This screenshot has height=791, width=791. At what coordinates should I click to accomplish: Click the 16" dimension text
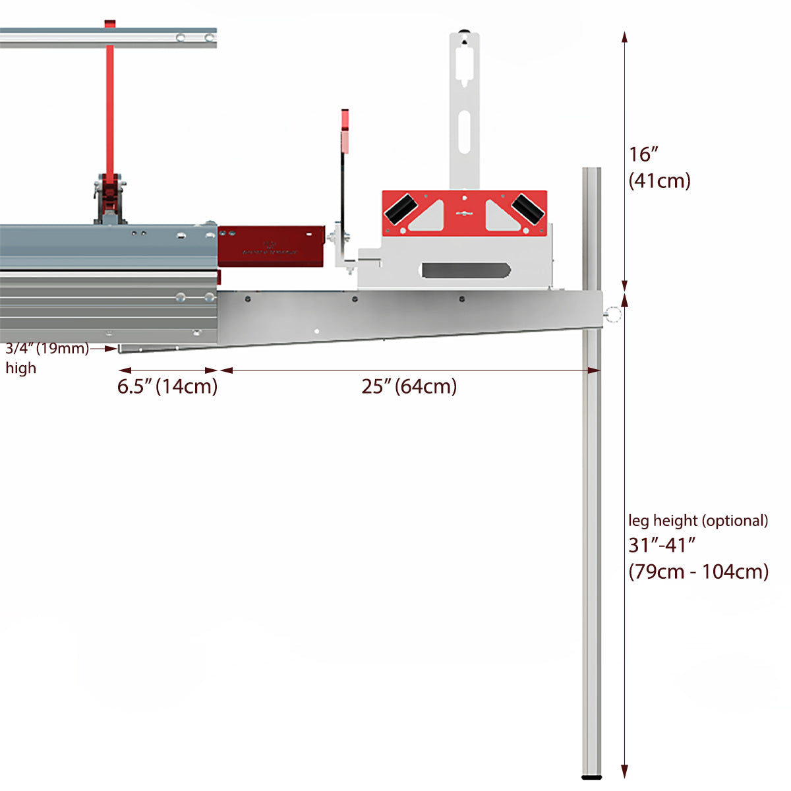tap(644, 154)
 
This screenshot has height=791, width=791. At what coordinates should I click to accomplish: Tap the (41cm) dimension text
tap(659, 180)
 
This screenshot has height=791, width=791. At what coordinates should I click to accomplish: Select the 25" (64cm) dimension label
tap(409, 386)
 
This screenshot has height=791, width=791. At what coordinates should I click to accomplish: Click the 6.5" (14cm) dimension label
tap(167, 386)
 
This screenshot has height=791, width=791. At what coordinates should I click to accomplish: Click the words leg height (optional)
tap(698, 521)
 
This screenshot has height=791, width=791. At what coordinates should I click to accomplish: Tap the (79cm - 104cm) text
tap(699, 571)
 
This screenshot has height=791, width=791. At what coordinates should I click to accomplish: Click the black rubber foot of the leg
tap(591, 777)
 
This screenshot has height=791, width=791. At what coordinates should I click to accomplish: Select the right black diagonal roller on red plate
tap(528, 208)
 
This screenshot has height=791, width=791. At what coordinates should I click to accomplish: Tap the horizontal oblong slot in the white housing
tap(466, 270)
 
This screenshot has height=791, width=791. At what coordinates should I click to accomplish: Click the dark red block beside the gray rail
tap(271, 246)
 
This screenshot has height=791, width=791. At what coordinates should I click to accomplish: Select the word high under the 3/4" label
tap(21, 368)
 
